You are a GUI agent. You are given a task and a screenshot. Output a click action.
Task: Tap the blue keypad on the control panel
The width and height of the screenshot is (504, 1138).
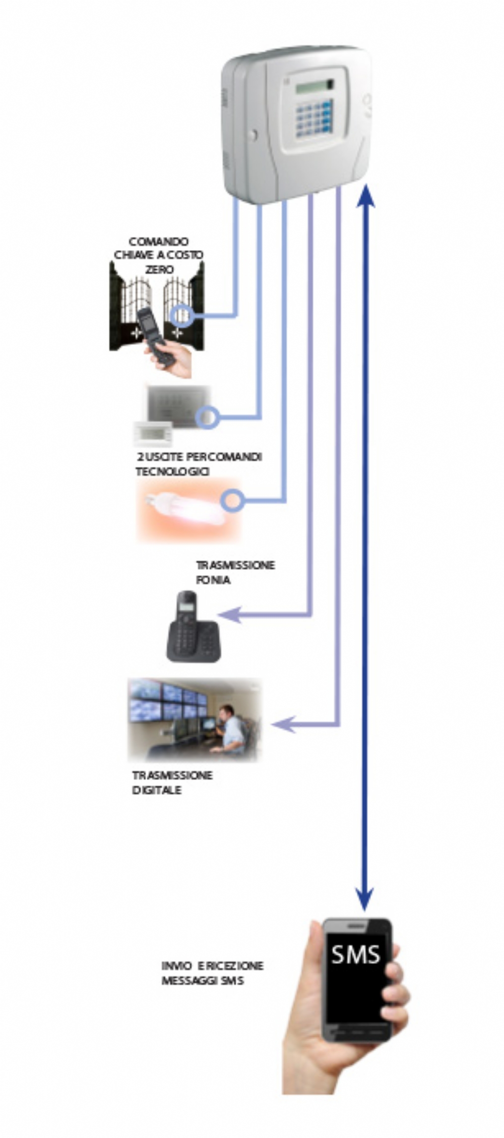[x=313, y=119]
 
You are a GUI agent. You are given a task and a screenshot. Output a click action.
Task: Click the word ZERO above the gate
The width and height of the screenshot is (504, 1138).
[x=159, y=270]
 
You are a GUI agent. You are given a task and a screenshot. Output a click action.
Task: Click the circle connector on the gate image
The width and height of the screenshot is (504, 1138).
[x=180, y=316]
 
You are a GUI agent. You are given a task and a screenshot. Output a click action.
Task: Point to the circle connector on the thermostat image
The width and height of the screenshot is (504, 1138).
[x=207, y=417]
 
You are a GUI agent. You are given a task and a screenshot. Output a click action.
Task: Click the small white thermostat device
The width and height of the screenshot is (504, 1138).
[x=153, y=433]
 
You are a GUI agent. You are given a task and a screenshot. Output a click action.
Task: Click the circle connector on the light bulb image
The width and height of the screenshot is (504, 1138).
[x=233, y=501]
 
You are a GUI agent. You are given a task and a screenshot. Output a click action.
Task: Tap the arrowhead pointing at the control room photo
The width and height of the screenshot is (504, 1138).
[x=282, y=725]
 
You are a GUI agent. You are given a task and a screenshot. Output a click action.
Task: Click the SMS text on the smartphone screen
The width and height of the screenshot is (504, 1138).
[x=355, y=954]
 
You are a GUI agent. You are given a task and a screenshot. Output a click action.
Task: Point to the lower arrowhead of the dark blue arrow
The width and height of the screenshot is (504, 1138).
[x=365, y=898]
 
